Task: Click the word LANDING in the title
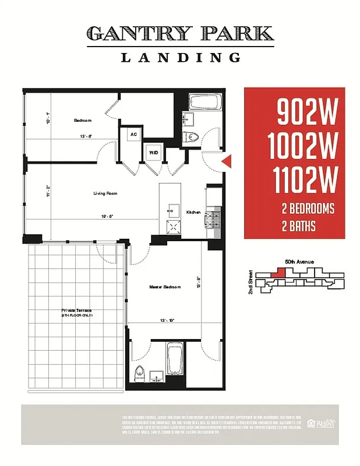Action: pyautogui.click(x=180, y=57)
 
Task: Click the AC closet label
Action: pyautogui.click(x=133, y=135)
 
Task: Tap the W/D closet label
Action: pyautogui.click(x=154, y=153)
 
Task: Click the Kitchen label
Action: pyautogui.click(x=193, y=213)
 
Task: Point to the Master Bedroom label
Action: pyautogui.click(x=165, y=287)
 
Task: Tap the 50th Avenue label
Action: pyautogui.click(x=299, y=262)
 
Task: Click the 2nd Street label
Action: pyautogui.click(x=251, y=282)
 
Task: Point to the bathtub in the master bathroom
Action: pyautogui.click(x=175, y=359)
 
